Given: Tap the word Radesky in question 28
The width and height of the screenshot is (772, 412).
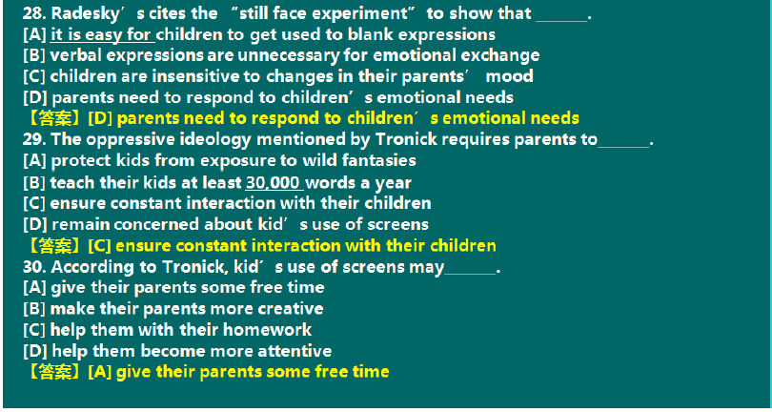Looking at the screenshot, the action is tap(85, 14).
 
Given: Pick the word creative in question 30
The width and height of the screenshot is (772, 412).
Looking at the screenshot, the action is tap(291, 309).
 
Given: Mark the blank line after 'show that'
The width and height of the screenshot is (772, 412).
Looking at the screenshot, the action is tap(561, 21).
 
